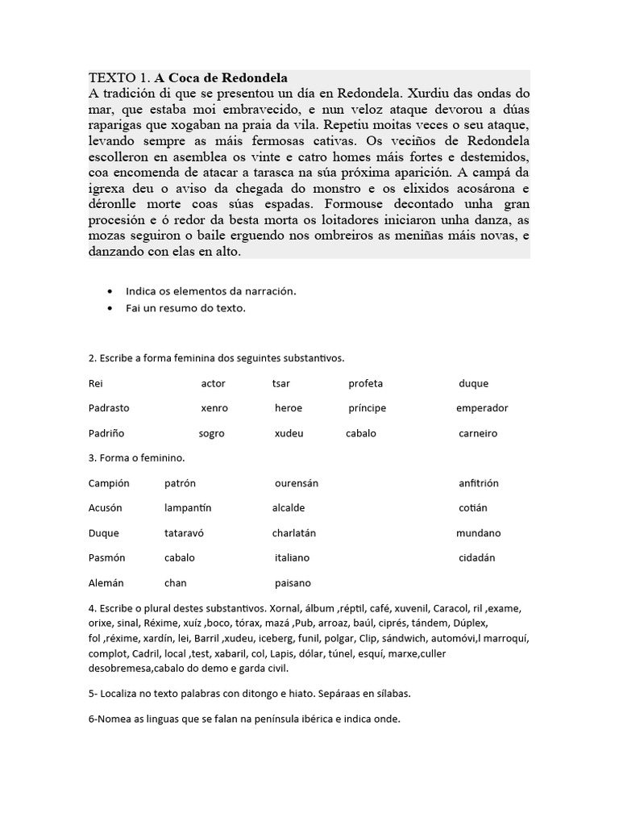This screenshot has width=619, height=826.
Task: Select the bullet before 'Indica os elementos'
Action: pos(110,290)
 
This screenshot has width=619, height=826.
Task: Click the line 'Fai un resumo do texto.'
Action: pos(185,308)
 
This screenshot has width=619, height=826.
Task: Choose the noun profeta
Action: pos(366,383)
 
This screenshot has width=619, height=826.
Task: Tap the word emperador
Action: pos(482,408)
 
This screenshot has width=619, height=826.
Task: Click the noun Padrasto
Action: pos(109,408)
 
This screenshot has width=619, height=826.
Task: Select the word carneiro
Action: pos(478,433)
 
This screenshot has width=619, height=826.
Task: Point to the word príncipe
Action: pos(367,408)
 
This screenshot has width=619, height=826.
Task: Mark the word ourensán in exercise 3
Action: pos(297,483)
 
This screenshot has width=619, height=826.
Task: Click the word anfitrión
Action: pos(479,483)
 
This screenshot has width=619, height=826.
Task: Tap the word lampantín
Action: pos(188,508)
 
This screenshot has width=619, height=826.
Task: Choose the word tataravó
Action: pos(186,533)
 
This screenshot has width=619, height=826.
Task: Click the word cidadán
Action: pos(476,557)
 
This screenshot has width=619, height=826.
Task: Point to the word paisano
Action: pos(293,582)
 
